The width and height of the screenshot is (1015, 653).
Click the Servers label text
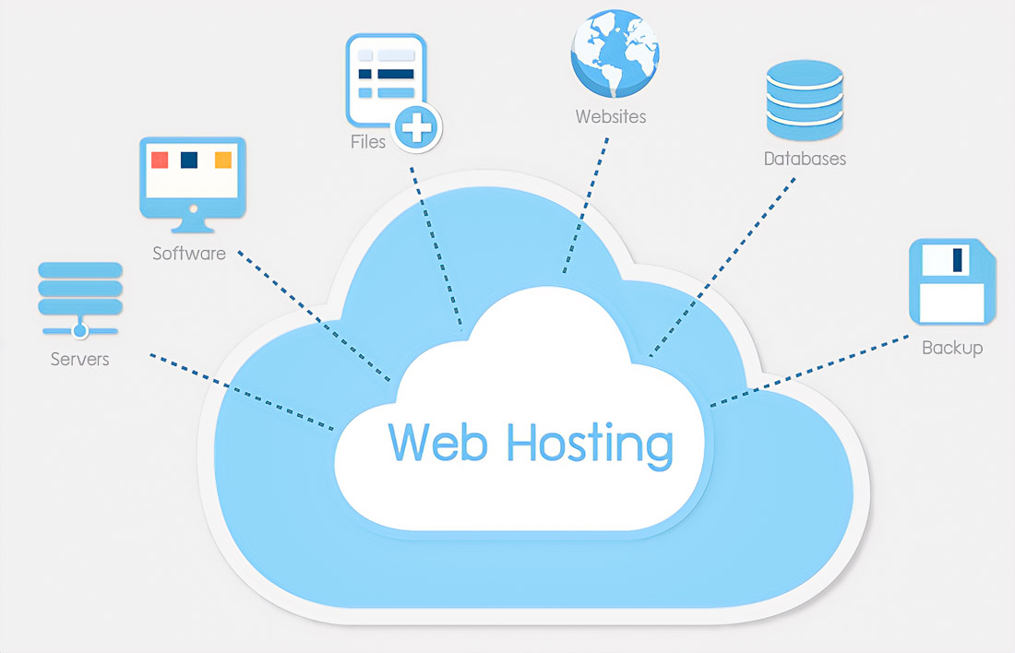tap(79, 359)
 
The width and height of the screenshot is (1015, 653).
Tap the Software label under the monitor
tap(189, 253)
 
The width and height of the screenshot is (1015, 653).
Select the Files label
tap(368, 142)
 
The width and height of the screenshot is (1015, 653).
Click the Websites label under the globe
tap(611, 116)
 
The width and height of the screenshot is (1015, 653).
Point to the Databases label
tap(805, 159)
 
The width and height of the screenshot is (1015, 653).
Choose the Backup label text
tap(952, 348)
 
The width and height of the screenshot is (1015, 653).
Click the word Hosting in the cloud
tap(590, 444)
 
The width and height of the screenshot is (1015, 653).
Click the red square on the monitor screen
tap(160, 160)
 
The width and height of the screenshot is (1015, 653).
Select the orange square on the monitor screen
tap(222, 160)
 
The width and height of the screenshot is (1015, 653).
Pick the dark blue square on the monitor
tap(189, 160)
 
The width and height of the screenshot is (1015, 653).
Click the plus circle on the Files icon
tap(417, 126)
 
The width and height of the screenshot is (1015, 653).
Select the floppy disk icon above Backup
tap(952, 281)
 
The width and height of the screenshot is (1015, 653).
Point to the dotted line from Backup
tap(812, 370)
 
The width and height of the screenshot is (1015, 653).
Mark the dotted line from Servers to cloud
tap(240, 391)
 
